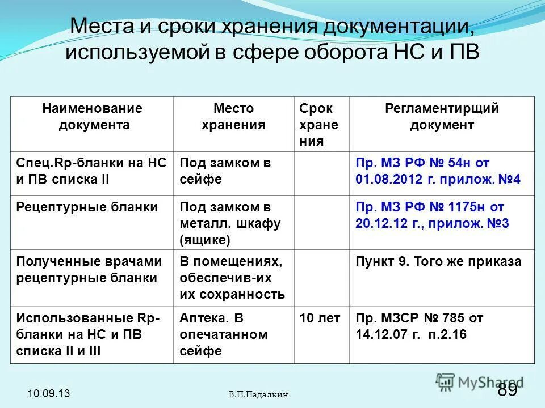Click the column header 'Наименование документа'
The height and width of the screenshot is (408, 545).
(x=92, y=116)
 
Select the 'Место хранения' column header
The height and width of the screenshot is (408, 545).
(x=233, y=116)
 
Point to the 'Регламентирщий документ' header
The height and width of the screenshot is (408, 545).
(x=442, y=116)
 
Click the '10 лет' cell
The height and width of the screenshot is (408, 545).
(x=320, y=318)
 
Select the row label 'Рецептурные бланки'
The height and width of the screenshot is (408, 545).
(x=87, y=207)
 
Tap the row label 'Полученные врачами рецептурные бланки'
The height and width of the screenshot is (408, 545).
(x=89, y=270)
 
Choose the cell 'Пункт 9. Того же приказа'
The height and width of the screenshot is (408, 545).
(x=438, y=262)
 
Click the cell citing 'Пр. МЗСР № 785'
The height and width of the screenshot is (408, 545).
(x=420, y=326)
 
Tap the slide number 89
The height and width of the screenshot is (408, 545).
(x=508, y=389)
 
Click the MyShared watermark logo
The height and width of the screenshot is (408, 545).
(x=479, y=381)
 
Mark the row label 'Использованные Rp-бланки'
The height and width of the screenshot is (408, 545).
(x=89, y=334)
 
